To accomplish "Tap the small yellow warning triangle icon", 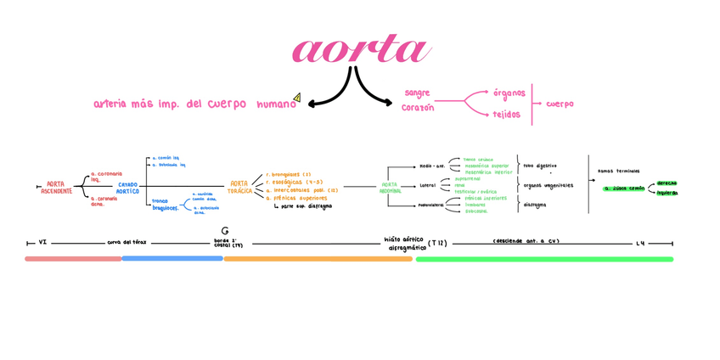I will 296,98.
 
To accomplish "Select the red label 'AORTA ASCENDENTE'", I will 56,188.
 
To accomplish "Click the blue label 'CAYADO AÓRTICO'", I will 127,188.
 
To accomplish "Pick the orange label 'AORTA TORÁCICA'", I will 239,188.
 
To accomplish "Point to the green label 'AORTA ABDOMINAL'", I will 390,188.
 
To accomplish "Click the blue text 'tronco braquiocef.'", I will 165,205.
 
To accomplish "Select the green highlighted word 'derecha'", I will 667,183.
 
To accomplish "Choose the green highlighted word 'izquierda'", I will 667,193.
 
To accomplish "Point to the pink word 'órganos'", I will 509,93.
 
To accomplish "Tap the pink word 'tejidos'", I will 506,115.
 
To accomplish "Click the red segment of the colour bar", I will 73,258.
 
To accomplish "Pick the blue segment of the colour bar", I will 172,258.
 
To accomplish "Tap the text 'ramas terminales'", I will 618,171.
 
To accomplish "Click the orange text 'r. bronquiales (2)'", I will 288,174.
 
